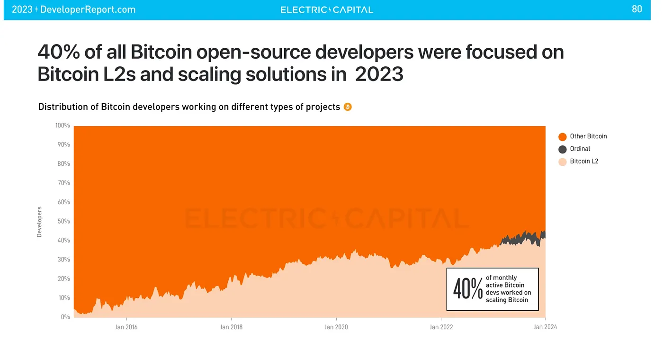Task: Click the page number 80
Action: click(637, 9)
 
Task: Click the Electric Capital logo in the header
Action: click(327, 9)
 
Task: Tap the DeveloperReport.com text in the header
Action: click(88, 9)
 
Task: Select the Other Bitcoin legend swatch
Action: click(563, 137)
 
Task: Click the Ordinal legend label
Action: click(580, 149)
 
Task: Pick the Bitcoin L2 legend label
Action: click(584, 162)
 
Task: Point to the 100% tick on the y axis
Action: click(63, 126)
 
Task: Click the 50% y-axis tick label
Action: click(63, 222)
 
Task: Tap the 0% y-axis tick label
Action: click(65, 317)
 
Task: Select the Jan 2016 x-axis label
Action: click(126, 327)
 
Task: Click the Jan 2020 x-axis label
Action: click(336, 327)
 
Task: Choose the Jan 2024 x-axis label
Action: click(546, 327)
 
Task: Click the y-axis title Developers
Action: click(39, 222)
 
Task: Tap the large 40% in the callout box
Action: click(468, 289)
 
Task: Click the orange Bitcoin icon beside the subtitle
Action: click(348, 107)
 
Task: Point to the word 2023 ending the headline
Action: click(379, 75)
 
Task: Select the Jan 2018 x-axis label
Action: click(231, 327)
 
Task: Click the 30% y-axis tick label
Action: click(63, 260)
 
